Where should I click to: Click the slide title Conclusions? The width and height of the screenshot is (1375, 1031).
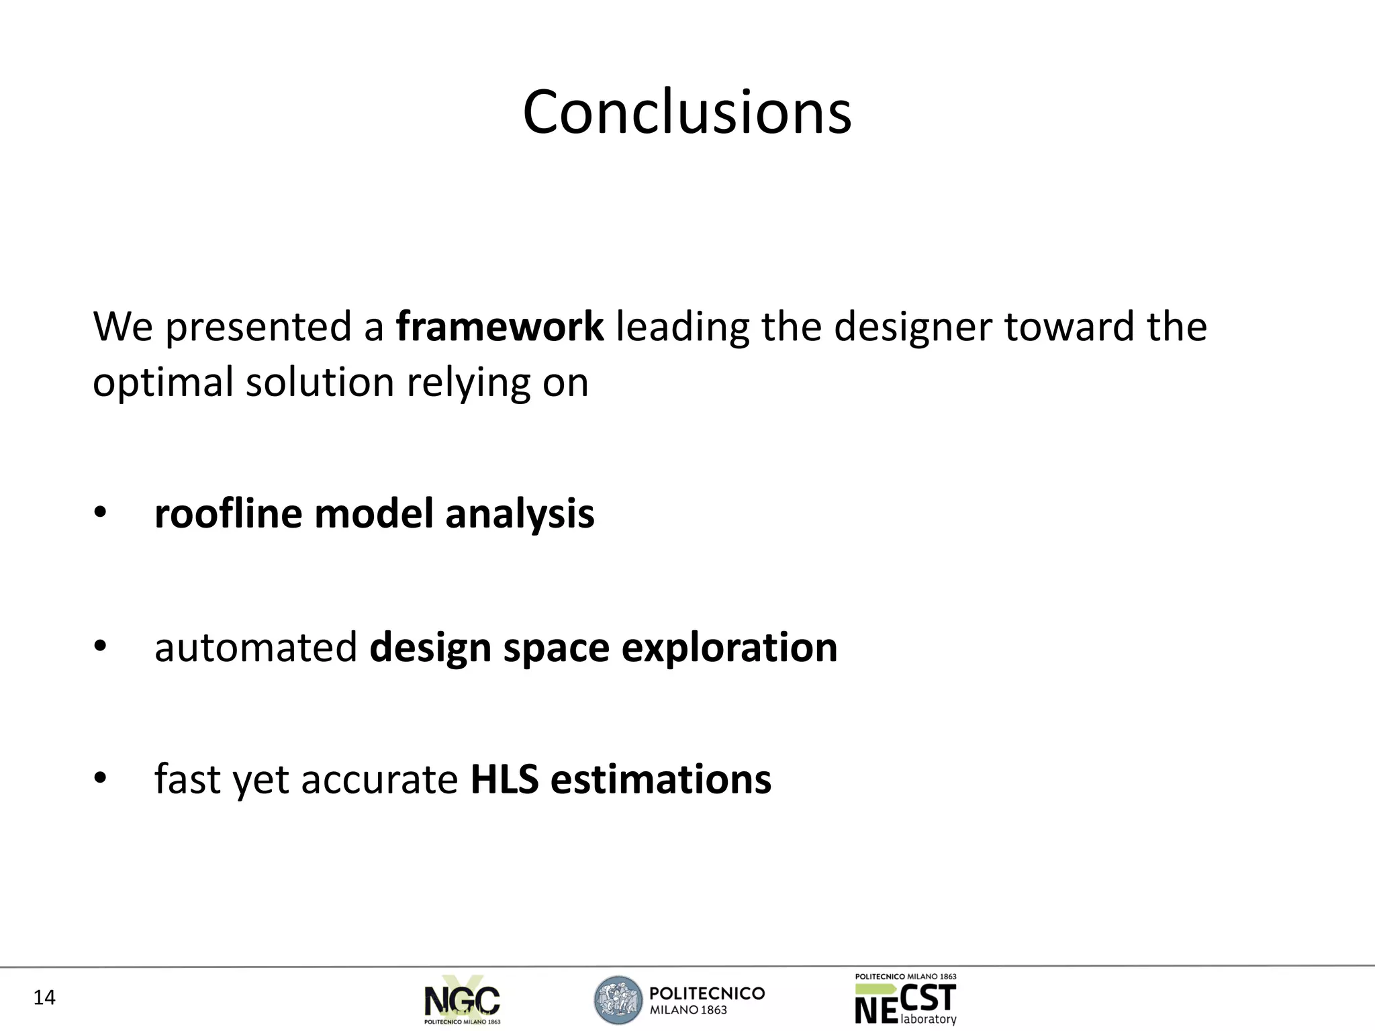pos(687,112)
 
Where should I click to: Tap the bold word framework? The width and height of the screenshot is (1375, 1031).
pos(500,327)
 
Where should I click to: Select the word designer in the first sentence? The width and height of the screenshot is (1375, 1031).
pos(912,328)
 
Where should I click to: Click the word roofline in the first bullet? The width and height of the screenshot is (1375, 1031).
pos(228,513)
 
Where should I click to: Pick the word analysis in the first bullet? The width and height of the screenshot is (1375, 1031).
pos(520,515)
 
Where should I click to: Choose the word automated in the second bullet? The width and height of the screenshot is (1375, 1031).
pos(255,648)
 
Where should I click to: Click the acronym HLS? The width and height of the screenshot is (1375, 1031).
pos(504,780)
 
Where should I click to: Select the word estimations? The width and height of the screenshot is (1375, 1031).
pos(661,780)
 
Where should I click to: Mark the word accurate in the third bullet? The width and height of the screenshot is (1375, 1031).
pos(379,781)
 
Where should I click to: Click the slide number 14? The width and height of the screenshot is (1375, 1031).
pos(44,998)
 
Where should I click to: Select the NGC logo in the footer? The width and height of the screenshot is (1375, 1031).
pos(462,1000)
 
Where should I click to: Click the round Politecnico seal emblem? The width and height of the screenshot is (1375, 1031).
pos(618,1000)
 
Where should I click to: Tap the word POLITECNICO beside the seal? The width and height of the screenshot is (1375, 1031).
pos(707,993)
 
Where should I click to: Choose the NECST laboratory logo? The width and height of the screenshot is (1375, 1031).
pos(906,1000)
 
